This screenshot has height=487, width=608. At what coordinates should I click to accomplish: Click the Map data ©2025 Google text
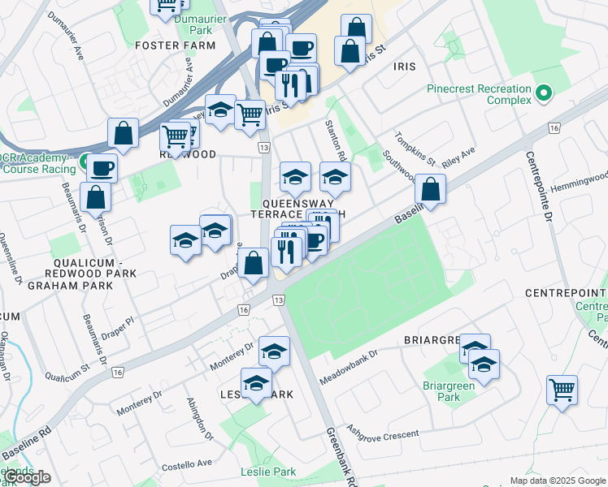[x=557, y=480]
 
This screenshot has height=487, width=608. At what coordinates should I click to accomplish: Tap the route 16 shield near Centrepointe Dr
[x=554, y=128]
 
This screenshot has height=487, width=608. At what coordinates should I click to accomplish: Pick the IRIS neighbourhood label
[x=406, y=66]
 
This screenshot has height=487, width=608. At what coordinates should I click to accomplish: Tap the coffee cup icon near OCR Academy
[x=102, y=167]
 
